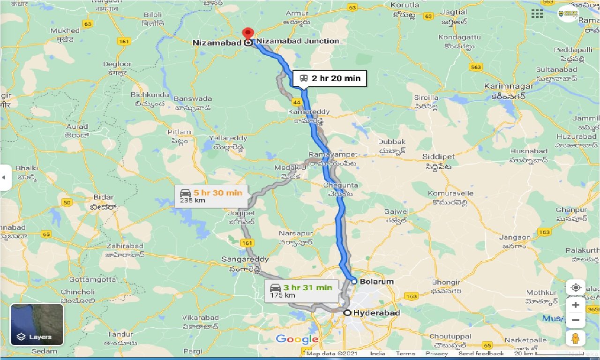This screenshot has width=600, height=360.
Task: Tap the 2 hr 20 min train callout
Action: tap(330, 78)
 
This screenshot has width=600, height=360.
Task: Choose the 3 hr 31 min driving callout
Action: tap(301, 291)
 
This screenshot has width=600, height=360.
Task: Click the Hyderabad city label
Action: tap(376, 313)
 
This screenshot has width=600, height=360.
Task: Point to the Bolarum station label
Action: tap(376, 281)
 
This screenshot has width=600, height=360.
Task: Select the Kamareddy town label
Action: tap(309, 112)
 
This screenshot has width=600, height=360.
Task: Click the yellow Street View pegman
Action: tap(576, 338)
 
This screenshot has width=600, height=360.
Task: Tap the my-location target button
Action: tap(576, 287)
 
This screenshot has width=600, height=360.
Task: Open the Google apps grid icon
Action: tap(537, 13)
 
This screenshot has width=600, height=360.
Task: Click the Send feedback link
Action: tap(481, 353)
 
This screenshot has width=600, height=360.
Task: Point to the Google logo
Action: tap(297, 339)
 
